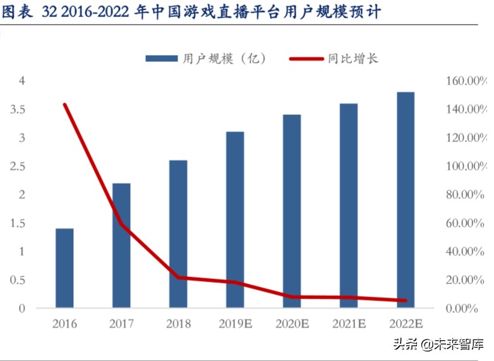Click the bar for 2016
tap(64, 268)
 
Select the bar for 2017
tap(121, 246)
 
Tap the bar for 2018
tap(178, 234)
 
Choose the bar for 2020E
tap(292, 211)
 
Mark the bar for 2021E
tap(349, 206)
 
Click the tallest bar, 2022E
tap(405, 200)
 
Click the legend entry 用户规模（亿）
tap(206, 59)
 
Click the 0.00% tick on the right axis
tap(468, 309)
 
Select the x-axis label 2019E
tap(235, 324)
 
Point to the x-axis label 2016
tap(64, 324)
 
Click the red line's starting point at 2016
tap(64, 105)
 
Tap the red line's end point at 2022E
tap(405, 300)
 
